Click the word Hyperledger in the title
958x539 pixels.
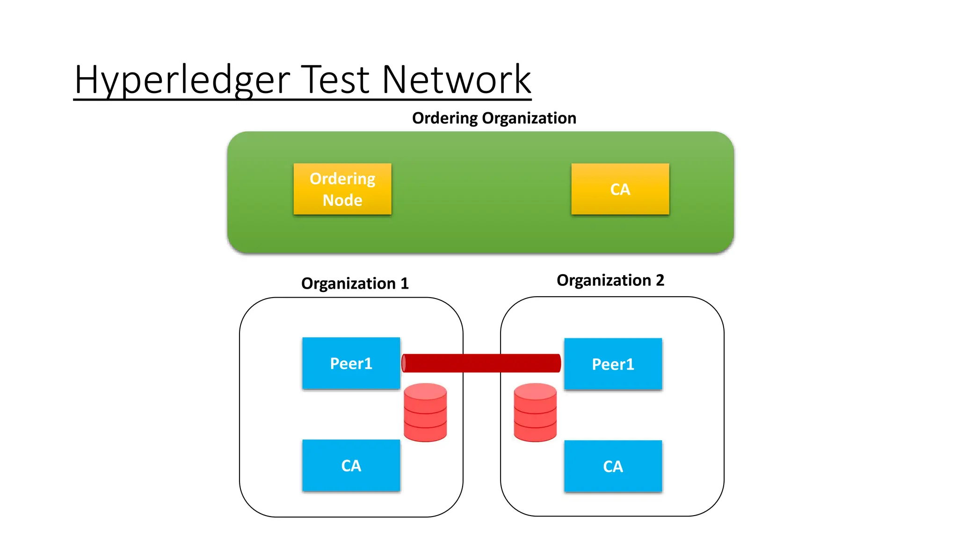[x=182, y=80]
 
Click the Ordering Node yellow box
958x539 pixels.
[x=342, y=189]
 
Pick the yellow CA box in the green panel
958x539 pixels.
[x=620, y=189]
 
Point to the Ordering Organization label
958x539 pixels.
[x=494, y=118]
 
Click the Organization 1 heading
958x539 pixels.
[x=355, y=284]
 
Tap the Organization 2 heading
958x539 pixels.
[x=610, y=280]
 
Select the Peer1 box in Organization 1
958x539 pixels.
[x=351, y=363]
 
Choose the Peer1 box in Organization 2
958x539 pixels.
[x=613, y=364]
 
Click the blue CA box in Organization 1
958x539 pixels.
[x=351, y=466]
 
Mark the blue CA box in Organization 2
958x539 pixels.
[x=613, y=466]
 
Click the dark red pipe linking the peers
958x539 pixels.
[x=482, y=363]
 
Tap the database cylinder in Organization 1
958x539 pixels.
[x=425, y=413]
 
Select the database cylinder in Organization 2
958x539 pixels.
[x=535, y=413]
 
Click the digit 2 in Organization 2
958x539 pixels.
[x=660, y=280]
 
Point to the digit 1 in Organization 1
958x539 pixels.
[x=405, y=284]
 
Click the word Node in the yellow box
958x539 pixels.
[x=342, y=200]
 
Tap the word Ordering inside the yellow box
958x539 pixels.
[x=342, y=179]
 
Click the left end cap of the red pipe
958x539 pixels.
[x=404, y=363]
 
